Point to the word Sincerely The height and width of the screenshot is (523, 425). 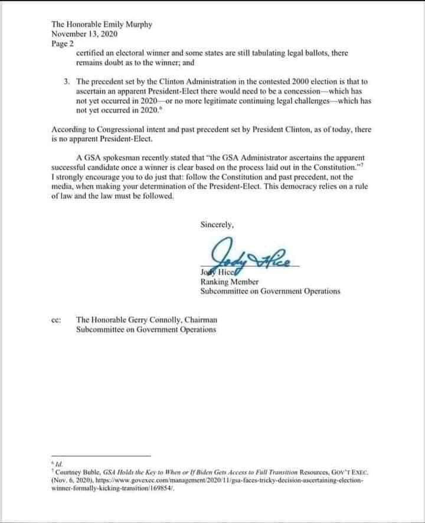[x=218, y=224]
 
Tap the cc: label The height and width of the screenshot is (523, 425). [x=57, y=320]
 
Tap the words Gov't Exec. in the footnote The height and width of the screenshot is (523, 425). [x=351, y=473]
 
